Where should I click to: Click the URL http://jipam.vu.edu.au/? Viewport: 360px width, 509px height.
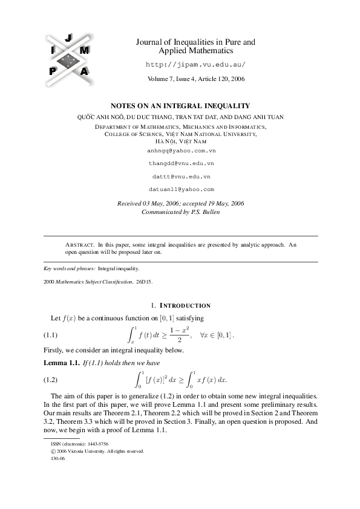point(196,64)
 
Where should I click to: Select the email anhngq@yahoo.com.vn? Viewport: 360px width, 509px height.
point(182,149)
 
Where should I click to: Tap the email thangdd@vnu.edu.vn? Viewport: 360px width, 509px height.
point(182,163)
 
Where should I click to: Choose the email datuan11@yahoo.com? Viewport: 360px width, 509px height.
point(182,189)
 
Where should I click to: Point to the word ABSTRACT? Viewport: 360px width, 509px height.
point(80,244)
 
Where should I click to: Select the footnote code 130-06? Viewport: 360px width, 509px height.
point(57,458)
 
